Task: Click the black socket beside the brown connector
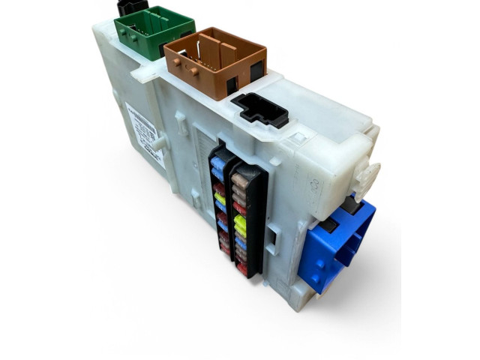point(260,110)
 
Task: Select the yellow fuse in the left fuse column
point(220,199)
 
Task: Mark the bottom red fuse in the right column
point(241,268)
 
